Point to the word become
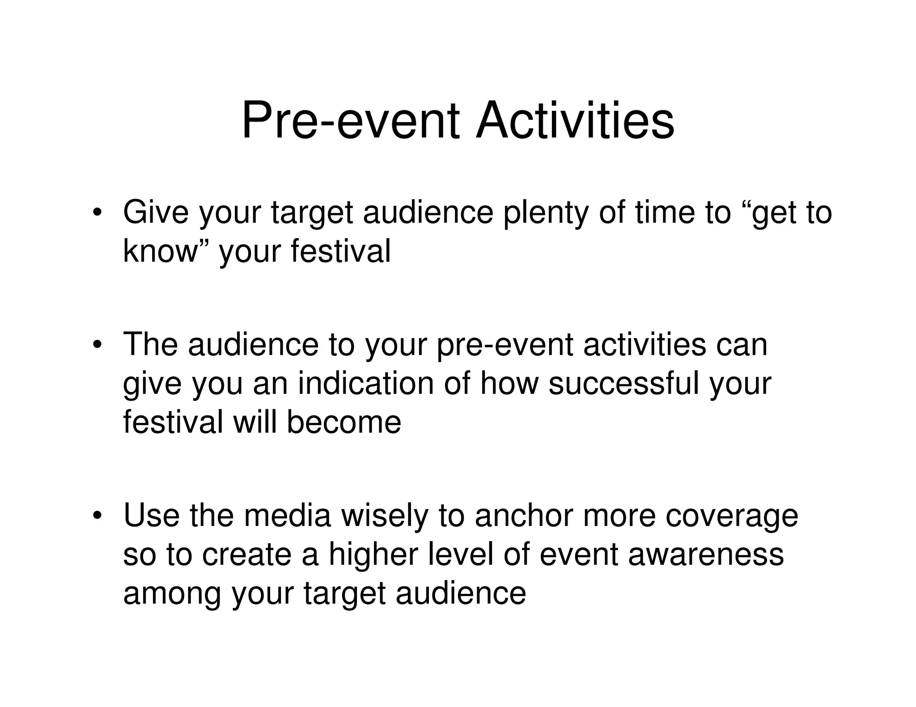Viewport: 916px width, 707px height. tap(344, 422)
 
